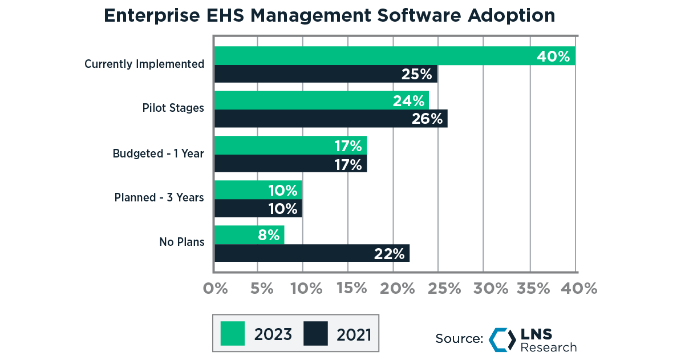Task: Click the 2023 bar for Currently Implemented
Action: [394, 56]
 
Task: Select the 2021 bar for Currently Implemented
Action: [326, 74]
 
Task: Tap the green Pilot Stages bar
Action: [321, 100]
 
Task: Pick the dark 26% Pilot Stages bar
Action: [331, 119]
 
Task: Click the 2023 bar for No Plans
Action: [249, 234]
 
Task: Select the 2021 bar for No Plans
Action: [312, 253]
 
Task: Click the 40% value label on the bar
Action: [553, 56]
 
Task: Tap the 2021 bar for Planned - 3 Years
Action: [258, 208]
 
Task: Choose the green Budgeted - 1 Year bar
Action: [290, 145]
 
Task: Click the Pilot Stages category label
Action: [173, 108]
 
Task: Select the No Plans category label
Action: [181, 242]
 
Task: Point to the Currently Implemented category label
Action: [144, 64]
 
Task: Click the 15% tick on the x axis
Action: [352, 288]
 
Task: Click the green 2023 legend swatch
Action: [233, 334]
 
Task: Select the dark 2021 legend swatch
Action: [315, 334]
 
